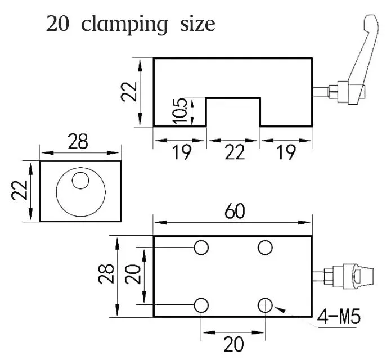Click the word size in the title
(197, 24)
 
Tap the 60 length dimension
(235, 211)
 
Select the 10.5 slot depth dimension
(180, 111)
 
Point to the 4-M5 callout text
(339, 317)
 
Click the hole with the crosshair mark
(265, 305)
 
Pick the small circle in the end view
(80, 180)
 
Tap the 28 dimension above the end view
(78, 141)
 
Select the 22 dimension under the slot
(235, 152)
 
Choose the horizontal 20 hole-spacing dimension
(233, 344)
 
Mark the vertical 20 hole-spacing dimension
(133, 274)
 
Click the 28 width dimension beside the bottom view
(106, 274)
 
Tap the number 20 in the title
(57, 24)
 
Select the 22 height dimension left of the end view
(20, 190)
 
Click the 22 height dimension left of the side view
(129, 92)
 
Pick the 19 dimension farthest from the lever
(182, 152)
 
